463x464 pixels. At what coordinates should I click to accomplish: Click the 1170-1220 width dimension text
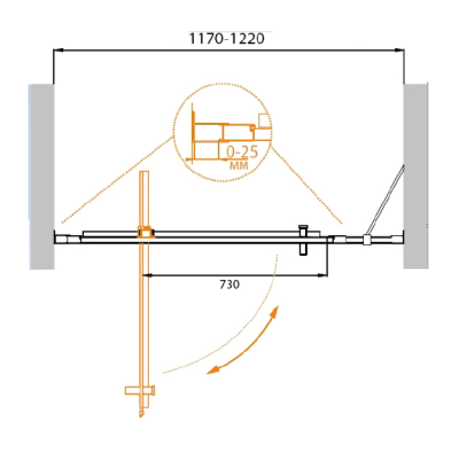point(227,39)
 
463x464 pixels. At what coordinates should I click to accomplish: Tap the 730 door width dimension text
point(229,284)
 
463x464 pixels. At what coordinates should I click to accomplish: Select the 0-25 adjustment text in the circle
point(242,152)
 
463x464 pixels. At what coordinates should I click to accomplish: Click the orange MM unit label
point(239,165)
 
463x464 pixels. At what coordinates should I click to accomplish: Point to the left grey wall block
point(42,177)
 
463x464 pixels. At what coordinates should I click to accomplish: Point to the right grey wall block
point(415,176)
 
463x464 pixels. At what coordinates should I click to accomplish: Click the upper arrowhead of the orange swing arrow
point(275,312)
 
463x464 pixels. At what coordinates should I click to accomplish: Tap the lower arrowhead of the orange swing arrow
point(212,371)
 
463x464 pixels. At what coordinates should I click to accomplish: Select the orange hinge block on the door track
point(146,232)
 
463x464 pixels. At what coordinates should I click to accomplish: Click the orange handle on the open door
point(140,391)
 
